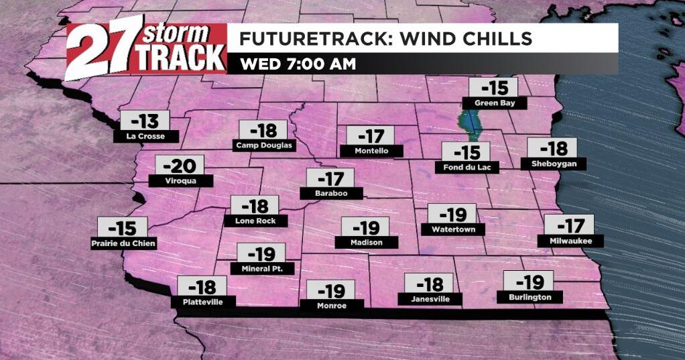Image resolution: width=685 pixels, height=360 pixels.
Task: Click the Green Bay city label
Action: [x=495, y=103]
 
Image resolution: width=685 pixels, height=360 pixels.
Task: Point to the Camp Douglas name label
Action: [x=264, y=145]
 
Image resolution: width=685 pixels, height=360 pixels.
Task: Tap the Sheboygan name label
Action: [x=553, y=164]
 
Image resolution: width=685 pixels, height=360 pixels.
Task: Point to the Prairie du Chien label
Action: [x=123, y=243]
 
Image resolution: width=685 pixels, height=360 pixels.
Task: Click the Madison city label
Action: [x=366, y=242]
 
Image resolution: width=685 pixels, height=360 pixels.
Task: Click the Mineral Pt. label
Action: [x=261, y=269]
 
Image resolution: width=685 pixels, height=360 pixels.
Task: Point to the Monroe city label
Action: [x=332, y=306]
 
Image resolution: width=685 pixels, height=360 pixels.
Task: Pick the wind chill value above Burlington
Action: [x=528, y=281]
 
